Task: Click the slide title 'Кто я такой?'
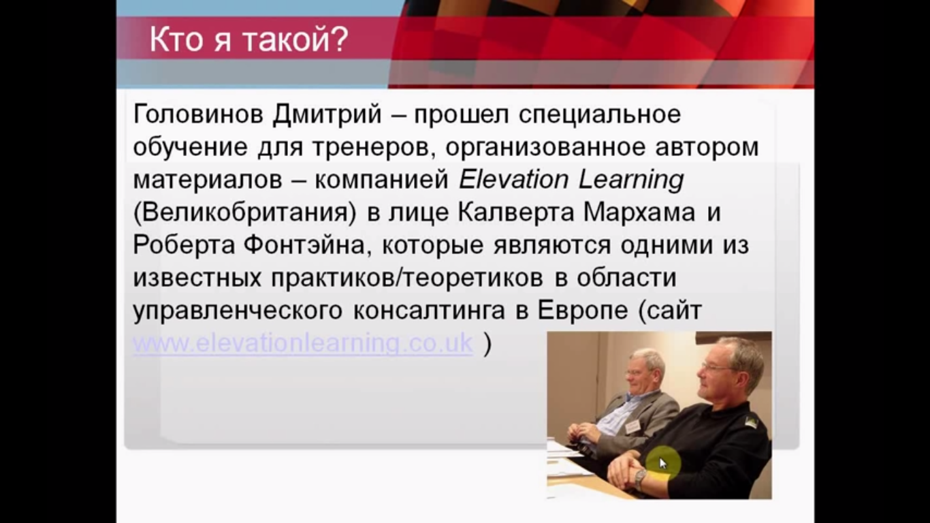[248, 39]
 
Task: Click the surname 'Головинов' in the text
[198, 114]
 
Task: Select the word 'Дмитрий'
[327, 114]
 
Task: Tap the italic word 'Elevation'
[513, 180]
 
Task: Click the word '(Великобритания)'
[244, 212]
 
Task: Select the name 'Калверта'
[516, 212]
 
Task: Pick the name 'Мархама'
[639, 212]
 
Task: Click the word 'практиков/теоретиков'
[407, 279]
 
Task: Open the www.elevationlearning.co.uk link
[303, 343]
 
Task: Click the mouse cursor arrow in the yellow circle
[662, 463]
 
